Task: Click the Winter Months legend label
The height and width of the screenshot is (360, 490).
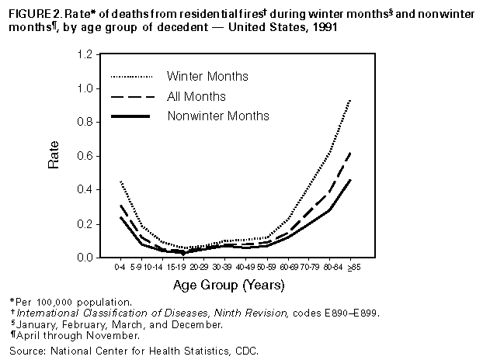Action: (207, 76)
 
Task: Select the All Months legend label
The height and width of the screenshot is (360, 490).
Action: (196, 96)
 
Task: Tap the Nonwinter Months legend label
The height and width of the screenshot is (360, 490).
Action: (218, 116)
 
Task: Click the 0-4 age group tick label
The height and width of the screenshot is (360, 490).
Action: (120, 267)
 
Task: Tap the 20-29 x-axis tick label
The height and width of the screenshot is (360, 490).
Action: (204, 267)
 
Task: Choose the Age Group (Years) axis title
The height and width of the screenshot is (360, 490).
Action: (233, 286)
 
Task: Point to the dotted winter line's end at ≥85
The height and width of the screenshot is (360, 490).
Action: (349, 99)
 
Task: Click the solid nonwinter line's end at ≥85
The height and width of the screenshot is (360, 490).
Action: (349, 180)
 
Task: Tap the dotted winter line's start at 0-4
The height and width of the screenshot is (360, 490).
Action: (120, 181)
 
